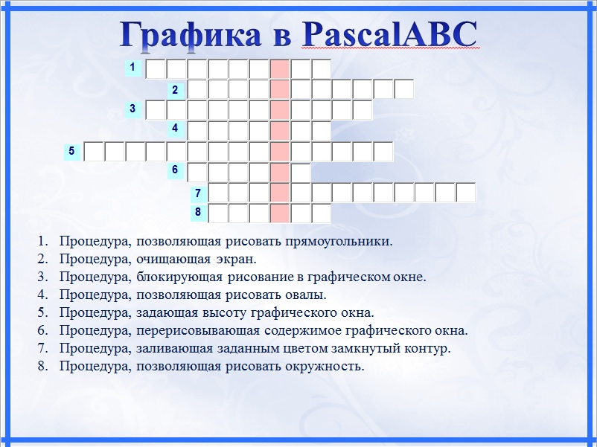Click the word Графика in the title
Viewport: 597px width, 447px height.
click(x=191, y=35)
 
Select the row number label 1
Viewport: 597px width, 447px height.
click(x=133, y=68)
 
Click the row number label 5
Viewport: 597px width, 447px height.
click(x=72, y=151)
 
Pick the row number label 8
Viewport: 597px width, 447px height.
click(x=198, y=212)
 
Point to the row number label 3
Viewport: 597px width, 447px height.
click(x=133, y=109)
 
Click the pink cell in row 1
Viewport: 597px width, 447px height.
click(x=280, y=69)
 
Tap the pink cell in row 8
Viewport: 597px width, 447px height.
click(x=280, y=213)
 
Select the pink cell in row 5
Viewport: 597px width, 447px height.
click(x=280, y=152)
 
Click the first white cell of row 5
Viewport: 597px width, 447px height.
click(x=94, y=152)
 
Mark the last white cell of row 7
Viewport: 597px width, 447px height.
click(x=466, y=193)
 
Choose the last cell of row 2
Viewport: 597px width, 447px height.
click(x=404, y=89)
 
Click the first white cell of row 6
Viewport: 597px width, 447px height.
click(x=197, y=172)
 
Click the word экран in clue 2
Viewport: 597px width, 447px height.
click(x=237, y=260)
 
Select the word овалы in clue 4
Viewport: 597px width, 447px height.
click(x=306, y=295)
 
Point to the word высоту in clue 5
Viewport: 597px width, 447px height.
click(x=224, y=313)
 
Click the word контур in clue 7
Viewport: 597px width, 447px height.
click(x=427, y=349)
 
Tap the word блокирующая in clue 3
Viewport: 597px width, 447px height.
click(x=179, y=277)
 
